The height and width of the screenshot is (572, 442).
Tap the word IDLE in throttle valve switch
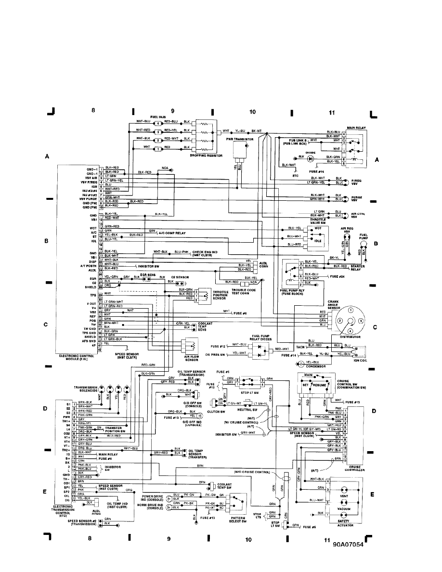pos(317,241)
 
